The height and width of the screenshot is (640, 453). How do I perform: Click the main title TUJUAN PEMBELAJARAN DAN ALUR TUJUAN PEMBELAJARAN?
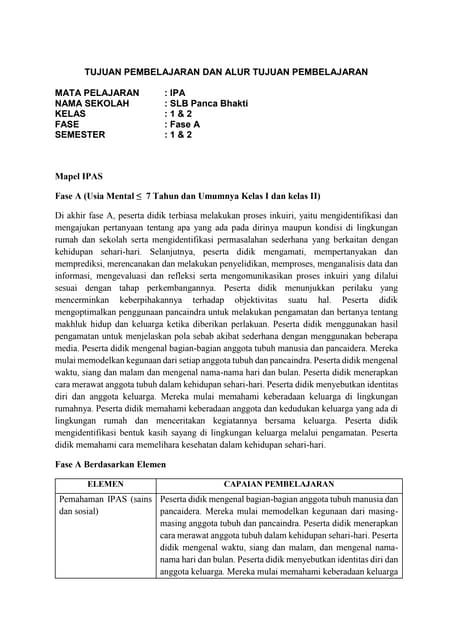coord(225,73)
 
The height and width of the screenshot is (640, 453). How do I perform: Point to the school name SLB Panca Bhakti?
coord(208,103)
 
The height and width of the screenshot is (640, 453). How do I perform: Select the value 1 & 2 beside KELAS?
coord(179,114)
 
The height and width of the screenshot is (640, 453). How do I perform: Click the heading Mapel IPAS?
coord(78,174)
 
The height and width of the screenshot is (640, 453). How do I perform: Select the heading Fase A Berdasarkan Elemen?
coord(114,465)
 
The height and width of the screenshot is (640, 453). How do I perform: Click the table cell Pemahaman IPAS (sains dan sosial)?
coord(104,504)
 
